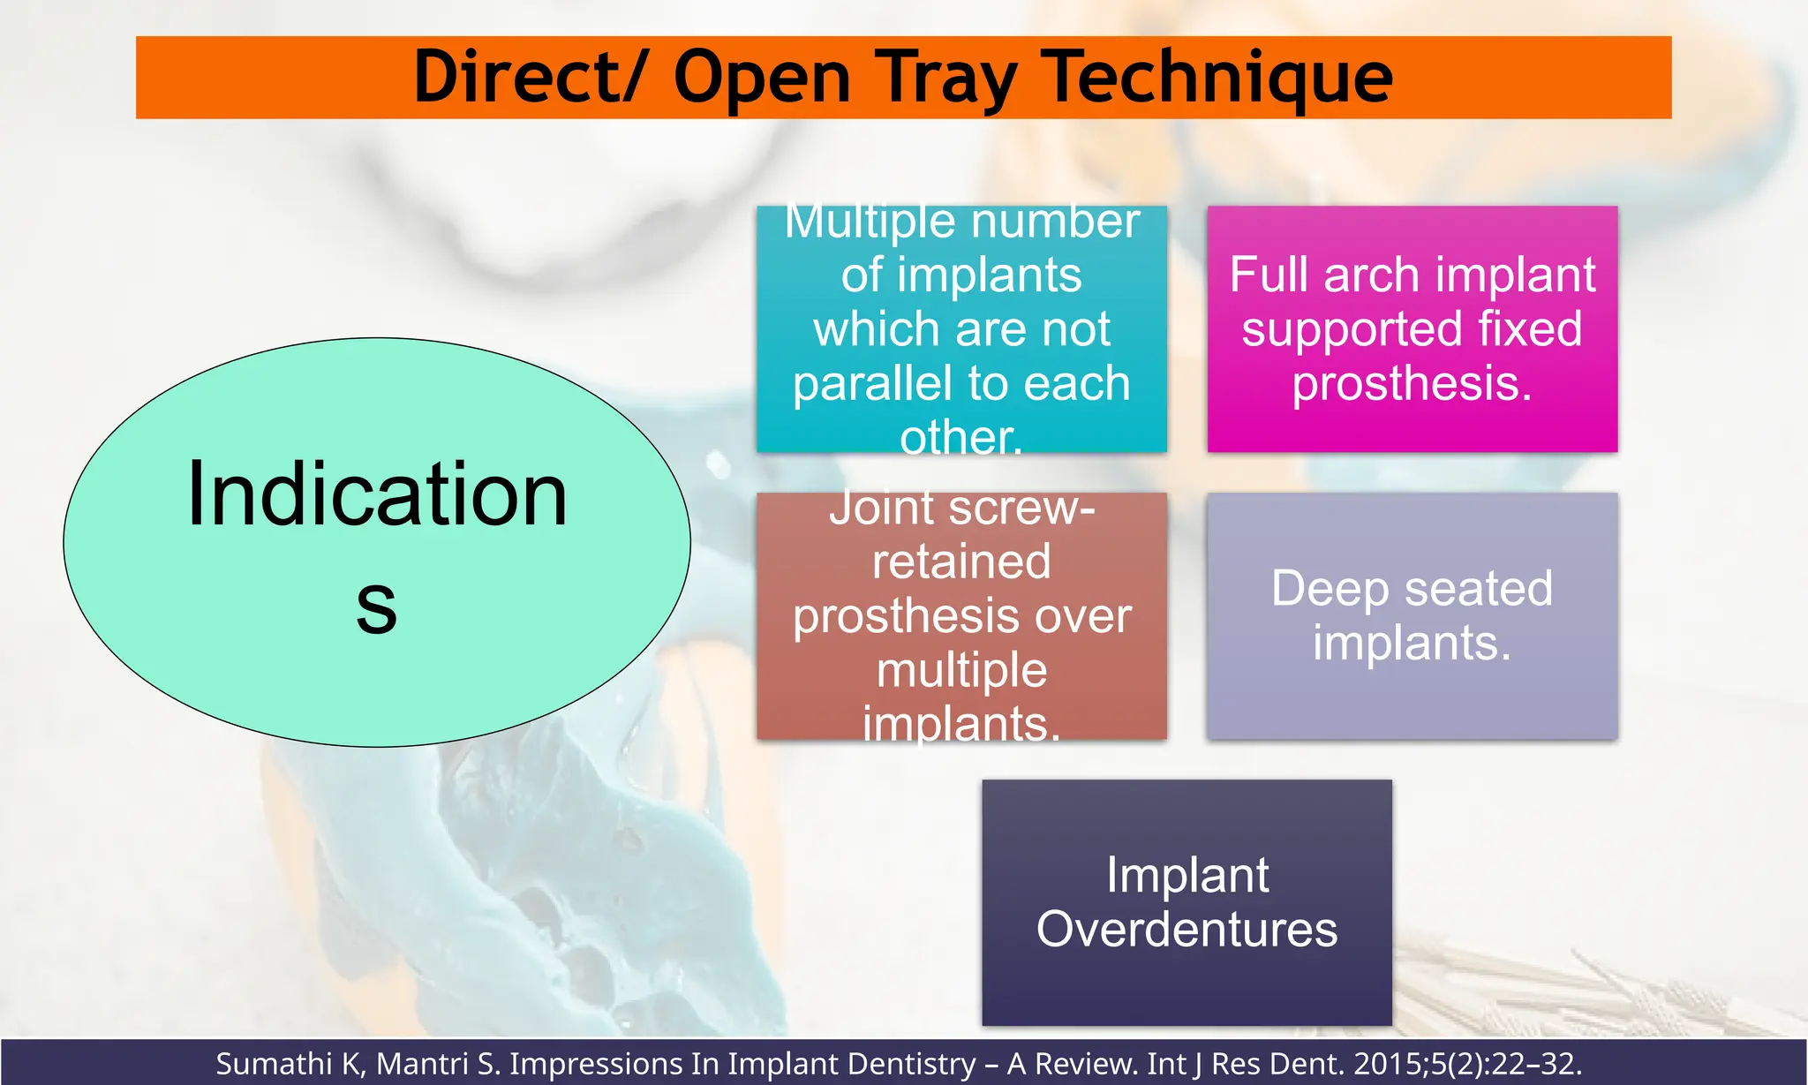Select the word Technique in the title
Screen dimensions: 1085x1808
(1217, 78)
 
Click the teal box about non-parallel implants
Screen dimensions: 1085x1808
(961, 328)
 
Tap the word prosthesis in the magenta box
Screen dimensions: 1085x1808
(1412, 384)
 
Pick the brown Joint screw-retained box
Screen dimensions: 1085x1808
(961, 615)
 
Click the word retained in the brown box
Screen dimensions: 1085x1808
(961, 562)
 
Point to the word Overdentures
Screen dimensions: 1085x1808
(1186, 930)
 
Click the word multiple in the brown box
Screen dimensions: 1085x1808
(961, 670)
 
